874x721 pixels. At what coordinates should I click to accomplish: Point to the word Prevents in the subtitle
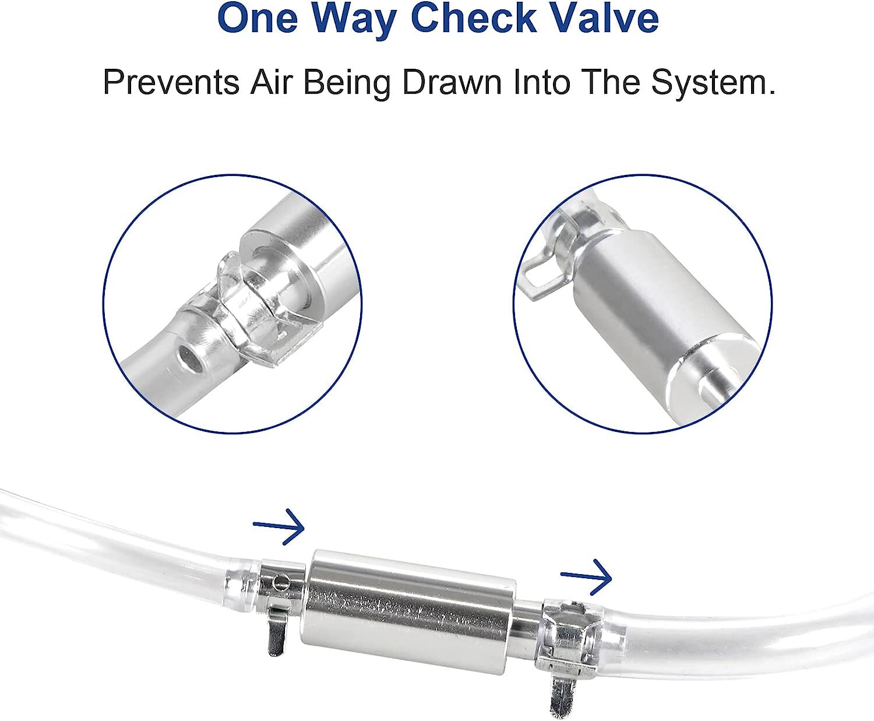(171, 82)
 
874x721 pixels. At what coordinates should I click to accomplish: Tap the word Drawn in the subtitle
(452, 82)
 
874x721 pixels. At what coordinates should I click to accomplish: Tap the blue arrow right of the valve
(586, 577)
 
